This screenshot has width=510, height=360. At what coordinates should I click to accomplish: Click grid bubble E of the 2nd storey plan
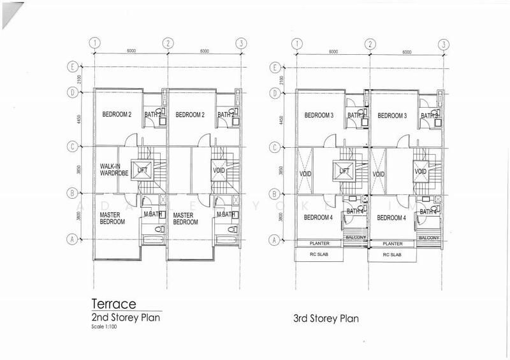click(73, 67)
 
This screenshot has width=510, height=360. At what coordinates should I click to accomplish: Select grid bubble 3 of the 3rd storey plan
click(442, 44)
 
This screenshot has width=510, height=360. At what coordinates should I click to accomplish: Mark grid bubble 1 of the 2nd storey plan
click(94, 44)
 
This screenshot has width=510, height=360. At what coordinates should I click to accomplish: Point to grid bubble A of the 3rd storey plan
click(275, 240)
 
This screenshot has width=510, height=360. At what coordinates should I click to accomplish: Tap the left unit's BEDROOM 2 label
click(116, 115)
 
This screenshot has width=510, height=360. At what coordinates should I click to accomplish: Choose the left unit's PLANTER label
click(319, 243)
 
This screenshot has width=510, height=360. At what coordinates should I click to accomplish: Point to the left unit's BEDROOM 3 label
click(319, 115)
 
